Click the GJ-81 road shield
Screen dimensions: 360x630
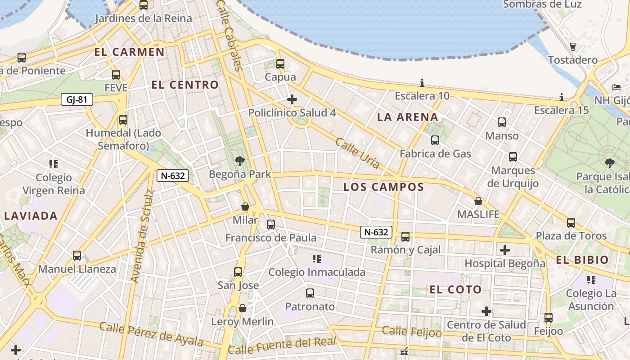[76, 99]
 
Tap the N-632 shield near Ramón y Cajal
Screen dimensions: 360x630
[376, 232]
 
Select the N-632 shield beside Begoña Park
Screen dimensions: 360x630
[172, 175]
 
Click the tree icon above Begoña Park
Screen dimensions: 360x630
[240, 161]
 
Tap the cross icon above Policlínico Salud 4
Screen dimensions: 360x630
[292, 99]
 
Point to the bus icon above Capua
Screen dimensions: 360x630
[280, 64]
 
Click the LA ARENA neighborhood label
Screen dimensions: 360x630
[407, 117]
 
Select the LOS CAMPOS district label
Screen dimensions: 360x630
[384, 187]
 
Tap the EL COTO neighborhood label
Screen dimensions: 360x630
[455, 289]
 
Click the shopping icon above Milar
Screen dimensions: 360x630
[245, 207]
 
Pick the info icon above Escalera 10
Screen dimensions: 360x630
[422, 83]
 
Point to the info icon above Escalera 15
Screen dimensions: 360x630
[562, 97]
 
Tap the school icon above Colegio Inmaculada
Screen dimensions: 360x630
[317, 259]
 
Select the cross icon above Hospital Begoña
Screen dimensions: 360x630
[505, 250]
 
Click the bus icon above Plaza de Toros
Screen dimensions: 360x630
[571, 222]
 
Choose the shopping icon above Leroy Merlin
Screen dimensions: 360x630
[243, 308]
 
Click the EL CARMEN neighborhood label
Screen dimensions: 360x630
[129, 52]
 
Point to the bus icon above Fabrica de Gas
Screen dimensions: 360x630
[435, 140]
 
